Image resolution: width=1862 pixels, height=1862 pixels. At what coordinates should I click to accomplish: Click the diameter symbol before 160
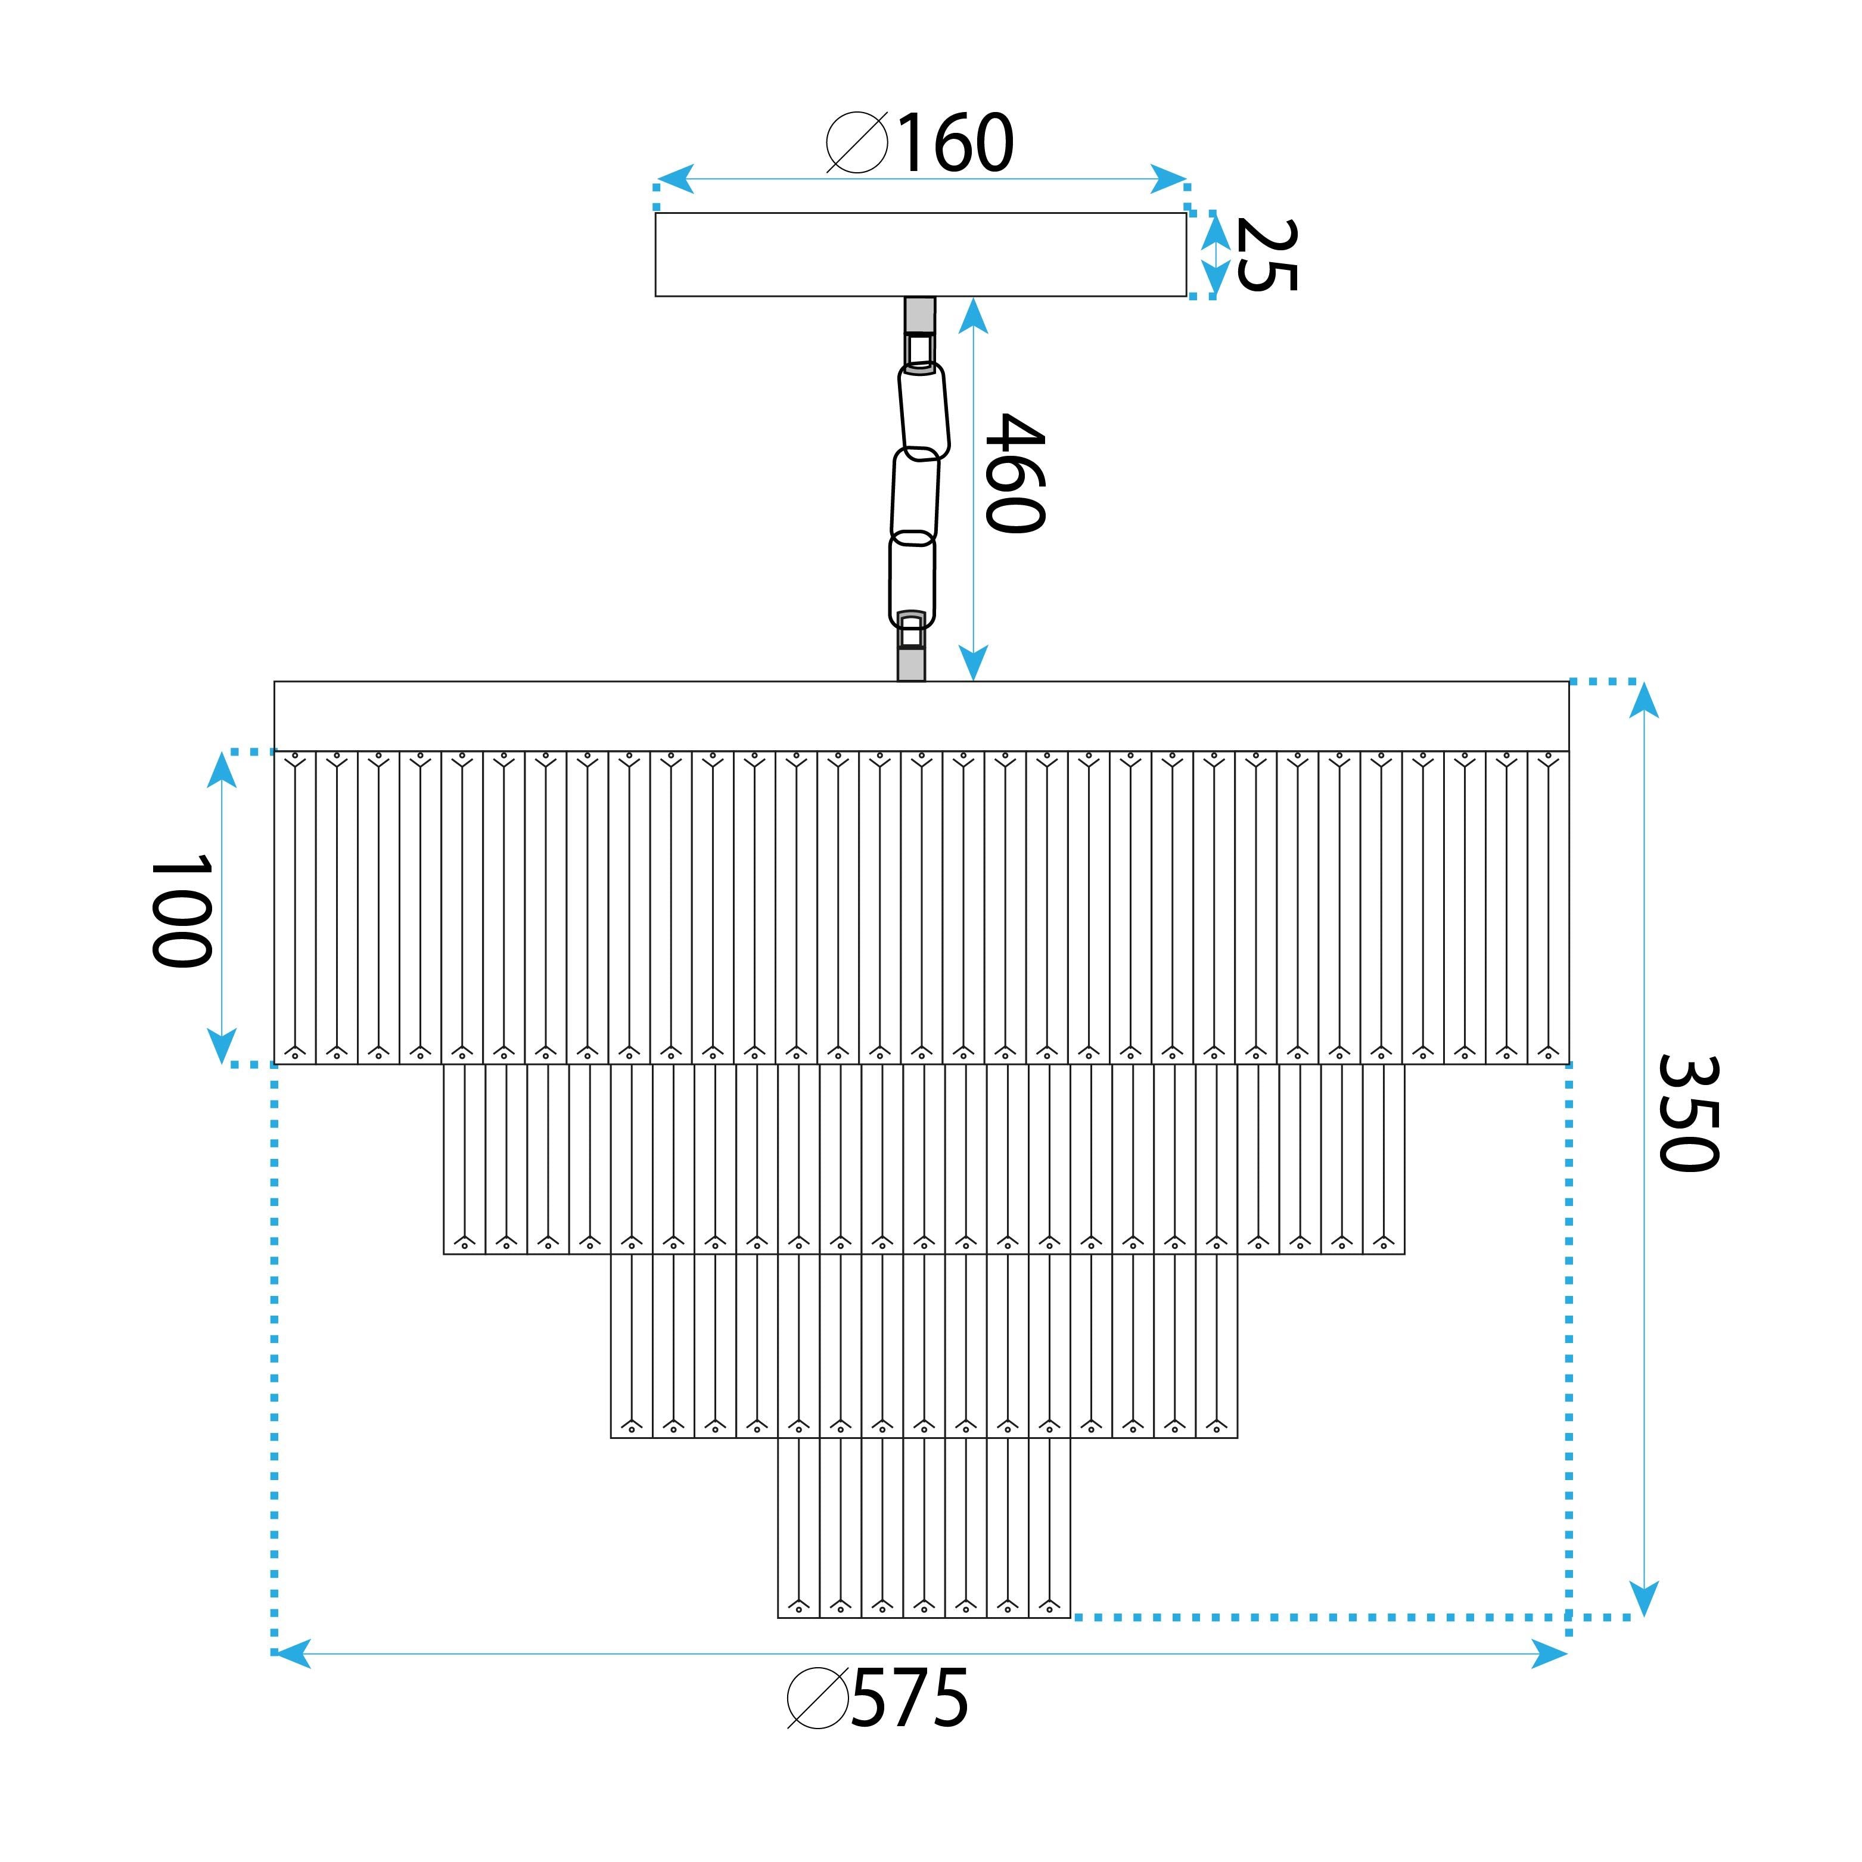click(x=857, y=142)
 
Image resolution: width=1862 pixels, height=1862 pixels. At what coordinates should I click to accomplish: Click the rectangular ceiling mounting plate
click(x=921, y=254)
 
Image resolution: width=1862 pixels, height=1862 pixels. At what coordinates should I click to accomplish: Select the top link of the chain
click(x=924, y=409)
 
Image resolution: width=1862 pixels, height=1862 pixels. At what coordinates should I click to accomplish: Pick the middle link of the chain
click(x=915, y=495)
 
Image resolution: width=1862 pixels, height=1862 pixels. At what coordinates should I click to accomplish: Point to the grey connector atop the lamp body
click(x=912, y=663)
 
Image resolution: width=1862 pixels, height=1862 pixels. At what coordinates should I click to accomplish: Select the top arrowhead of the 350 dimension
click(x=1644, y=701)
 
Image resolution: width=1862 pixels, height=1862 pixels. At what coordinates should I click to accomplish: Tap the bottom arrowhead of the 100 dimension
click(x=223, y=1046)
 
